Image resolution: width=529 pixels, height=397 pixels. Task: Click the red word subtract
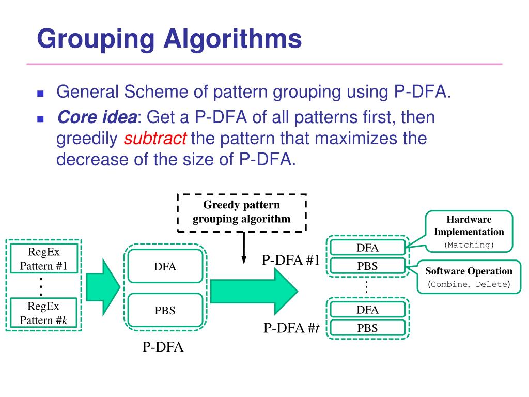(156, 139)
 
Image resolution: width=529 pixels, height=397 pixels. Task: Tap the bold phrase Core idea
(97, 117)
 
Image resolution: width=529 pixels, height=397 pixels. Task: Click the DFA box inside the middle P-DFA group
(165, 267)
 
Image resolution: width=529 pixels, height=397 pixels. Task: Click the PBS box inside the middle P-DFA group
(165, 311)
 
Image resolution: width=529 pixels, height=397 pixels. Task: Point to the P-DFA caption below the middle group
(163, 347)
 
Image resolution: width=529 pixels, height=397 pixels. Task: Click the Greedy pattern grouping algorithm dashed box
(242, 212)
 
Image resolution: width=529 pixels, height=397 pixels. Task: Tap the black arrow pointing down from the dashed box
(243, 248)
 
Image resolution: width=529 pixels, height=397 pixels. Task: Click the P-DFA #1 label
(290, 261)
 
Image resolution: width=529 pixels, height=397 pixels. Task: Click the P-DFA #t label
(291, 328)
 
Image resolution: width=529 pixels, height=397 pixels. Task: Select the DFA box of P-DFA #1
(367, 248)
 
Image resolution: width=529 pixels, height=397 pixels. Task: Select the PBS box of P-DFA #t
(367, 328)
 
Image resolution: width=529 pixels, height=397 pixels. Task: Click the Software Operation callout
(469, 277)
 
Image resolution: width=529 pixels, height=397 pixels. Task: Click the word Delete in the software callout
(491, 284)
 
